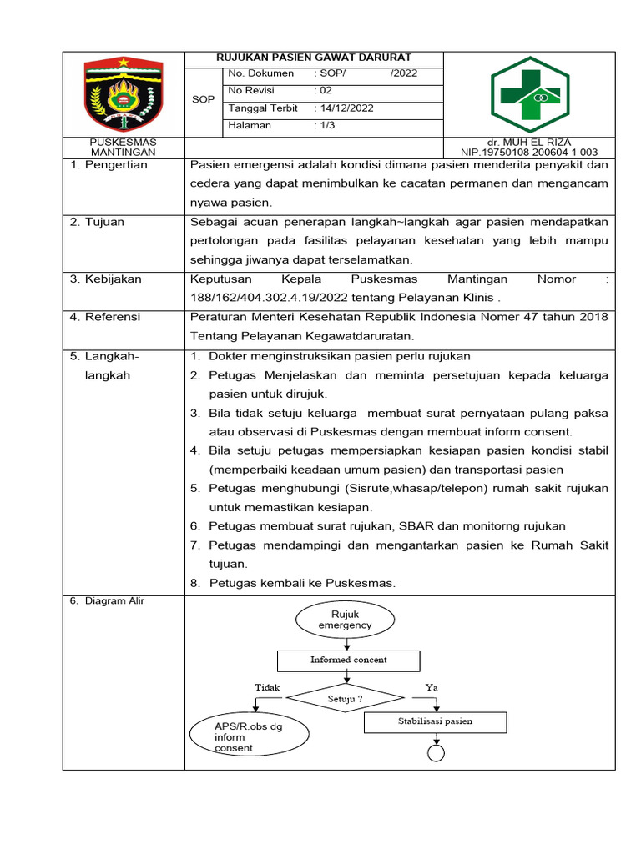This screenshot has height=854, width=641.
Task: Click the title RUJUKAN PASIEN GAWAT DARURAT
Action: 314,58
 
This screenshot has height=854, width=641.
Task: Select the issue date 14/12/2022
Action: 343,108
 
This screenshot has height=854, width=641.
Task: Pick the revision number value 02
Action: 323,91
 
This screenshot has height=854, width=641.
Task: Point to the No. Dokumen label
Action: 260,73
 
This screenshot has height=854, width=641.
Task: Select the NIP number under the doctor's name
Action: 529,153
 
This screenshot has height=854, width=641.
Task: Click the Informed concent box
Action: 348,660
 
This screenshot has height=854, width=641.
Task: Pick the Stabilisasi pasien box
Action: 434,721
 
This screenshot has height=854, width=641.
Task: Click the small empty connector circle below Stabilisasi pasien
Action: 435,752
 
